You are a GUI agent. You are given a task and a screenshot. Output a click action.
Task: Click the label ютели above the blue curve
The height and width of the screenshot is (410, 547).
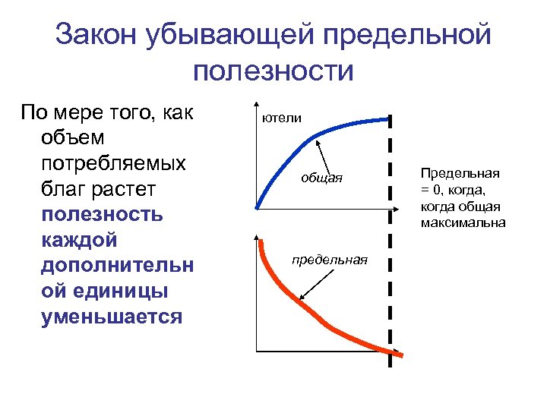coord(282,118)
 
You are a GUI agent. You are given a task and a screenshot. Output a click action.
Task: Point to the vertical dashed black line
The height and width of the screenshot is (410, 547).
coord(390,243)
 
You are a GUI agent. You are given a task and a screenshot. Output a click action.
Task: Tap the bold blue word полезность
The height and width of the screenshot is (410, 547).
coord(102,214)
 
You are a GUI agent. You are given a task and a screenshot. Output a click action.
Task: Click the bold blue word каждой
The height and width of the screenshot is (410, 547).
coord(81,240)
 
